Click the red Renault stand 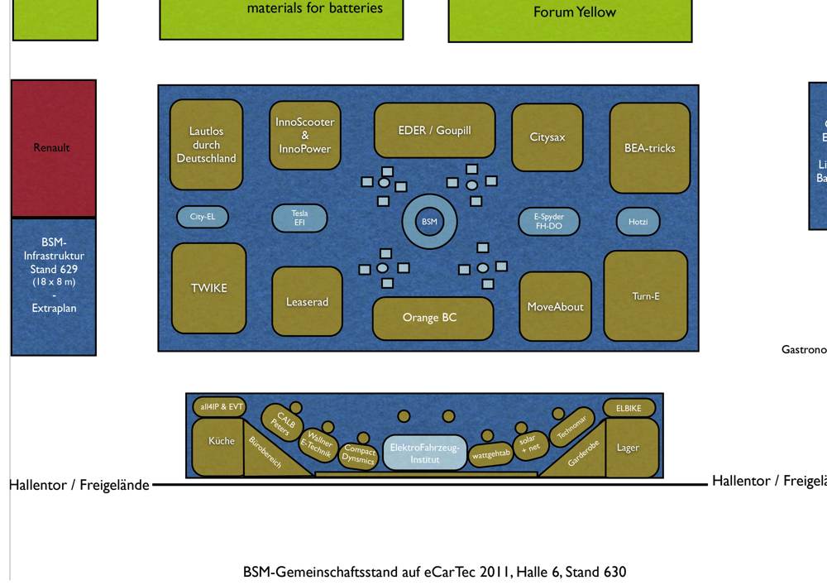coord(54,148)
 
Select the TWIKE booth coord(208,288)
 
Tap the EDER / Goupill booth coord(434,130)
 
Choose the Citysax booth coord(547,137)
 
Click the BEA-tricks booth coord(649,148)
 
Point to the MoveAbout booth coord(555,306)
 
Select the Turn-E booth coord(645,295)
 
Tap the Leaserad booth coord(307,302)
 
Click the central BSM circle coord(429,222)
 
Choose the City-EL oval coord(203,217)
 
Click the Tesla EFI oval coord(299,218)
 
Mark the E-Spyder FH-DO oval coord(548,221)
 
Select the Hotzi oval coord(638,222)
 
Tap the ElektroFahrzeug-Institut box coord(425,453)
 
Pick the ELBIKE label coord(629,408)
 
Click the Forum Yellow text coord(574,12)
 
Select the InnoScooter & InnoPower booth coord(305,135)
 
